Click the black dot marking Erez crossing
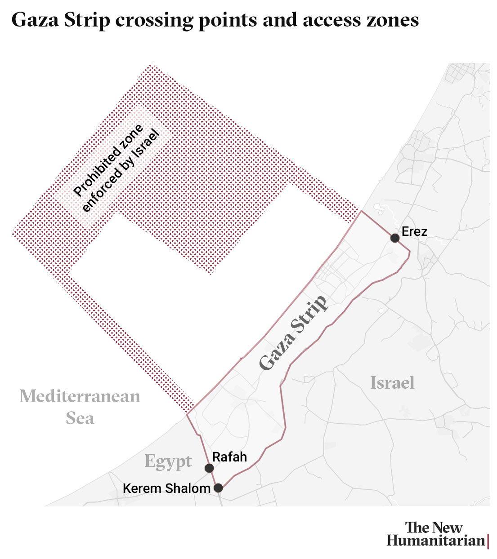pyautogui.click(x=395, y=238)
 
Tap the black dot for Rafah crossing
pyautogui.click(x=209, y=468)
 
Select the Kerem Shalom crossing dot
pyautogui.click(x=218, y=488)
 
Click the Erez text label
pyautogui.click(x=414, y=231)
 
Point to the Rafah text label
pyautogui.click(x=229, y=457)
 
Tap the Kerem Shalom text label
pyautogui.click(x=166, y=488)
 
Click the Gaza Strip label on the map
pyautogui.click(x=293, y=333)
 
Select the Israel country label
pyautogui.click(x=392, y=383)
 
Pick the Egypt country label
pyautogui.click(x=168, y=461)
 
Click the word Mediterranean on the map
pyautogui.click(x=80, y=396)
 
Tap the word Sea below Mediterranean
pyautogui.click(x=80, y=418)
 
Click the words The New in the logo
pyautogui.click(x=434, y=527)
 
